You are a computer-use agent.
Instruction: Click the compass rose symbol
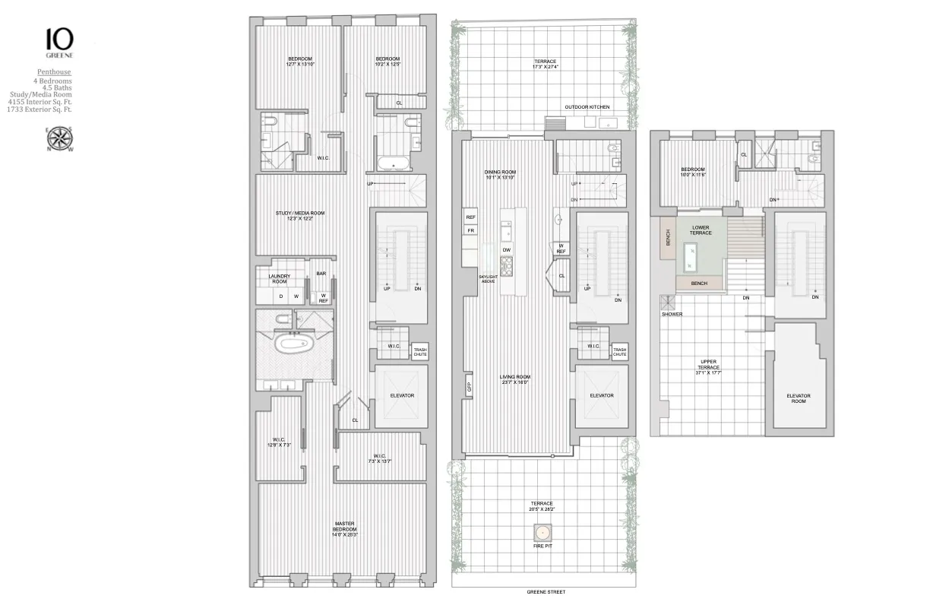tap(59, 139)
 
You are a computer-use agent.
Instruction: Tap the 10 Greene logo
tap(59, 43)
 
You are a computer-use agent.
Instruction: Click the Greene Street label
tap(546, 592)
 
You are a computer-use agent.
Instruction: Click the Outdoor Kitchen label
tap(583, 107)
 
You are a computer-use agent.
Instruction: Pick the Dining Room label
tap(500, 174)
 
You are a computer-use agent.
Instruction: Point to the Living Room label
tap(514, 379)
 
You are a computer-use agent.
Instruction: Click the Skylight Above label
tap(488, 279)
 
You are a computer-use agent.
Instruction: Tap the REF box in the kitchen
tap(470, 217)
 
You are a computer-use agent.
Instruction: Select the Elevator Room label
tap(798, 398)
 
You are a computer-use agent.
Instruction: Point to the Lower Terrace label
tap(701, 230)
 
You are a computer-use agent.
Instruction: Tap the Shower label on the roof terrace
tap(672, 314)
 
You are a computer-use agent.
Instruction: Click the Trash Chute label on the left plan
tap(419, 352)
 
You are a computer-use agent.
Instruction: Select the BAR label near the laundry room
tap(321, 274)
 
